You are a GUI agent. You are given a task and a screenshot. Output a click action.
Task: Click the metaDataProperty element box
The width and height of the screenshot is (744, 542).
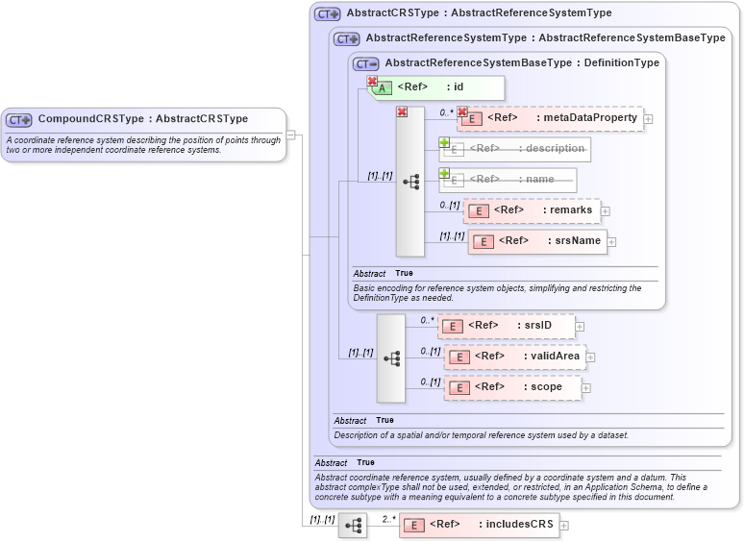tap(551, 118)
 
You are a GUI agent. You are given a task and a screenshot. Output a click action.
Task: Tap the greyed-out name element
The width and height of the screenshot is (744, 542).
tap(508, 180)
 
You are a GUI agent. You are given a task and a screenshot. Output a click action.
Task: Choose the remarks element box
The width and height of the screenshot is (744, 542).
tap(533, 210)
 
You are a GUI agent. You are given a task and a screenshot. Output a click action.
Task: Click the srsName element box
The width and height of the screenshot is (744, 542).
tap(538, 240)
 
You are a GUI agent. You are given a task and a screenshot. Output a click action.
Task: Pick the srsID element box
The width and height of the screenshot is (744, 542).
tap(508, 326)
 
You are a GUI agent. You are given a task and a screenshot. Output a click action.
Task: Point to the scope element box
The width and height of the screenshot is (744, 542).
tap(513, 387)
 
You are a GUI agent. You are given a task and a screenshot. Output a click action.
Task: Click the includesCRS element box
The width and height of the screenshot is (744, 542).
tap(480, 525)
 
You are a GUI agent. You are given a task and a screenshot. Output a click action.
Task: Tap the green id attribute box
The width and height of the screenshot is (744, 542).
tap(435, 87)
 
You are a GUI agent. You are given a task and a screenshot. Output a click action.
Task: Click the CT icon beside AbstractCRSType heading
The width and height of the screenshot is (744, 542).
tap(328, 14)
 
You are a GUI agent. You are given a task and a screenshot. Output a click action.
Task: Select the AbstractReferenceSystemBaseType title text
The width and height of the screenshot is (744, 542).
tap(522, 62)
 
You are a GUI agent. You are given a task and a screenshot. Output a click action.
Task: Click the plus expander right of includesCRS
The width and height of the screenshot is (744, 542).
tap(564, 526)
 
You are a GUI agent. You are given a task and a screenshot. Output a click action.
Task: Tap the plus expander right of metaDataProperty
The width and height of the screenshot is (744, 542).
tap(648, 119)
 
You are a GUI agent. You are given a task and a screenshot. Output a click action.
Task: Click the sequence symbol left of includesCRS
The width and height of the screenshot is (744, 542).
tap(353, 526)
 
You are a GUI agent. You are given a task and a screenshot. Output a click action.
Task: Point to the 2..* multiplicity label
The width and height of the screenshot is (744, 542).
tap(388, 519)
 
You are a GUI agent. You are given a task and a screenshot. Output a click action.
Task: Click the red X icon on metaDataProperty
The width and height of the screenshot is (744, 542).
tap(462, 111)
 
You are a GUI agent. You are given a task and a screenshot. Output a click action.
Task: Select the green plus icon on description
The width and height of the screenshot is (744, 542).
tap(444, 142)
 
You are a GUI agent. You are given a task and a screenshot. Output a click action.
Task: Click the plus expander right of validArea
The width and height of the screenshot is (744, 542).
tap(591, 357)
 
